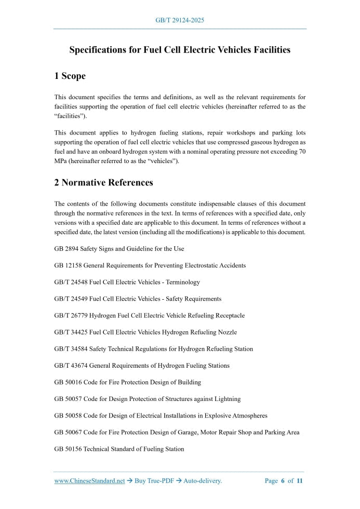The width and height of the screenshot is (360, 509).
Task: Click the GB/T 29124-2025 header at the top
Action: point(180,20)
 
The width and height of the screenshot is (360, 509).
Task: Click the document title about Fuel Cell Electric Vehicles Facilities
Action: point(180,50)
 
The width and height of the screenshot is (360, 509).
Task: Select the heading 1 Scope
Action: point(70,76)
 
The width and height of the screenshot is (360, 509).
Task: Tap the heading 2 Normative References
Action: point(103,182)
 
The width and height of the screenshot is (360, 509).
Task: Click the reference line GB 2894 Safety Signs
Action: point(119,249)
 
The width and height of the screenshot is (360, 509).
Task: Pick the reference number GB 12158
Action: point(68,265)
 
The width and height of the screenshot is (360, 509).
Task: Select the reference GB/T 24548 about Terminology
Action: point(127,282)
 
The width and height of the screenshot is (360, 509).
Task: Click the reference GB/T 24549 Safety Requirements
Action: point(138,299)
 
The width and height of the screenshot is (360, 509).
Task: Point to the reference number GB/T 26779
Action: point(71,315)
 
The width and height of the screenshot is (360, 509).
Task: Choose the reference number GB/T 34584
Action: point(71,349)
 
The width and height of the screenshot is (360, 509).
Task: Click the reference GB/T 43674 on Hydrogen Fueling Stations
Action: point(142,365)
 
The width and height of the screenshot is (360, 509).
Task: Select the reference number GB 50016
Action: point(68,382)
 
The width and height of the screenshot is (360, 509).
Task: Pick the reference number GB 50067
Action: point(68,432)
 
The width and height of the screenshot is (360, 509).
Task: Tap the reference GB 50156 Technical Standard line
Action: point(119,449)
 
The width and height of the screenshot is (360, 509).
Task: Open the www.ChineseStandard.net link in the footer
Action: point(89,481)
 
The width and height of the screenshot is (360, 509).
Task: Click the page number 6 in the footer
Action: point(283,481)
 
